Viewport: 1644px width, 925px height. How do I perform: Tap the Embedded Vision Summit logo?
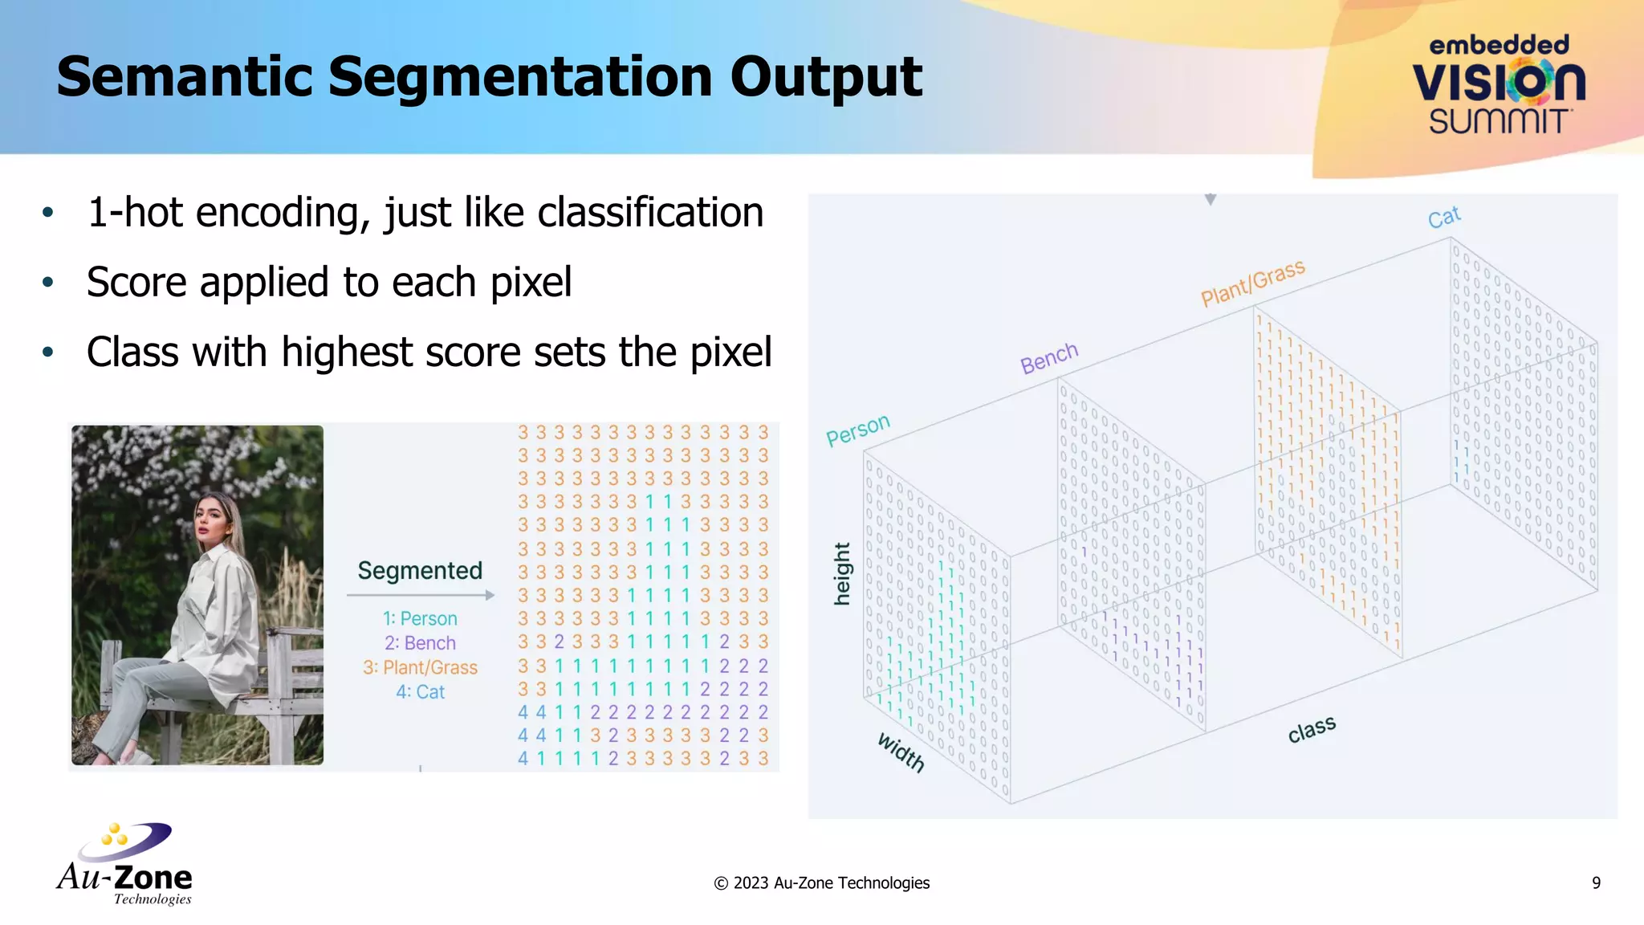[1498, 85]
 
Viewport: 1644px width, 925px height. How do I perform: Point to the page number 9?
[1596, 883]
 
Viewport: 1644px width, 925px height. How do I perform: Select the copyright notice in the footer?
[821, 883]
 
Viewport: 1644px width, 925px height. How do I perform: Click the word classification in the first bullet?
[650, 213]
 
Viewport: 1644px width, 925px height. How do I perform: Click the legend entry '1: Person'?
[420, 619]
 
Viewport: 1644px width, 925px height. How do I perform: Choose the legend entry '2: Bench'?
[420, 643]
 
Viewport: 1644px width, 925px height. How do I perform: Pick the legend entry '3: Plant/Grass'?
[420, 668]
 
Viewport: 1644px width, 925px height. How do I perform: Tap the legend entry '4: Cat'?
[420, 692]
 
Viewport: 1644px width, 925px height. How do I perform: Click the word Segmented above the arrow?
[420, 571]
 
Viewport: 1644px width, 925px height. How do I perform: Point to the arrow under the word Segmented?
[421, 595]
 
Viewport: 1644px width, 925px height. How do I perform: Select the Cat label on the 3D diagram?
[1444, 217]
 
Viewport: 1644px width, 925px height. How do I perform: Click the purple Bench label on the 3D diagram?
[1048, 358]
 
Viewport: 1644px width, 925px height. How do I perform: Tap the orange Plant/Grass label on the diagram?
[1252, 283]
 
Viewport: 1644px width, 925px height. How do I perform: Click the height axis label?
[841, 573]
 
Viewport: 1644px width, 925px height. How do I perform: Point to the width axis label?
[901, 752]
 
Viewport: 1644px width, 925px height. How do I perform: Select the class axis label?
[1312, 729]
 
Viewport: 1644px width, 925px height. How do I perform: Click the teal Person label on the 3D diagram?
[857, 430]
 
